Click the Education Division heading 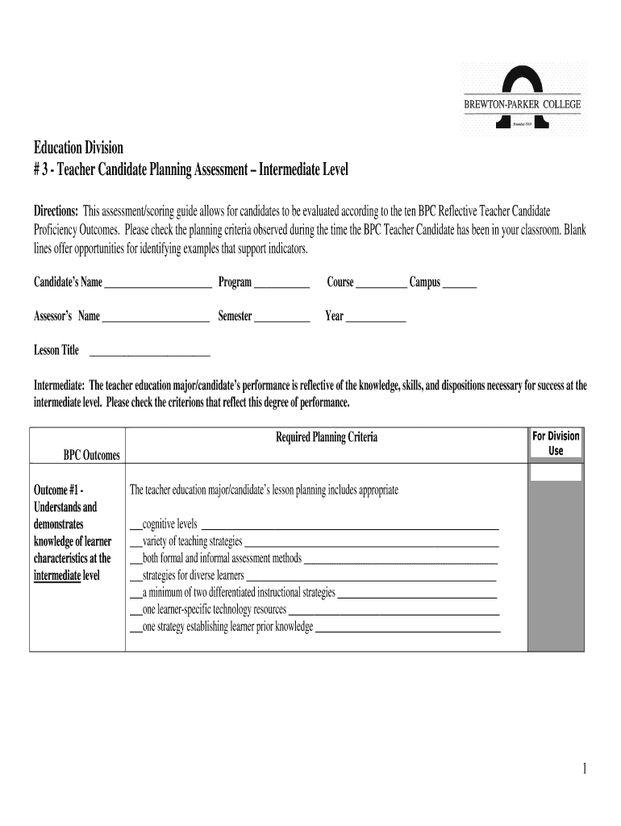78,148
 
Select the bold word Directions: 56,211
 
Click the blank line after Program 282,285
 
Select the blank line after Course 381,285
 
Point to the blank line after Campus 460,285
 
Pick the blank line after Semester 282,319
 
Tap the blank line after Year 375,319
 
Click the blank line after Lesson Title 149,353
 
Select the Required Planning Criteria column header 327,438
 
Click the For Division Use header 556,444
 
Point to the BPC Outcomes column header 92,457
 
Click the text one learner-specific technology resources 214,609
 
